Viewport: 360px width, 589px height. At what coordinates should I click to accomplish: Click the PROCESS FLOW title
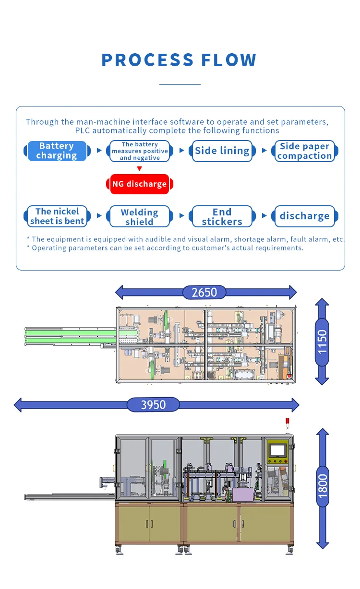tap(179, 60)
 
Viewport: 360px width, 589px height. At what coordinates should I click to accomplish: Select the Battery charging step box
tap(57, 151)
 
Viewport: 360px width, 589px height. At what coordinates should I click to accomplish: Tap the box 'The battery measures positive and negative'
tap(140, 151)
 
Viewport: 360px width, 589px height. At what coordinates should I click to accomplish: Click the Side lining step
tap(222, 151)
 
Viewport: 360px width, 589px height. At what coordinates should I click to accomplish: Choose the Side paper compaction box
tap(305, 151)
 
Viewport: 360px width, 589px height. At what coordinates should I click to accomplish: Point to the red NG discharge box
tap(139, 184)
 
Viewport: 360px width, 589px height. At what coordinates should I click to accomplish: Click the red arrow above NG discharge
tap(139, 169)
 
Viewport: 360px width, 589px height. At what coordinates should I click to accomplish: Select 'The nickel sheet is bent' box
tap(57, 216)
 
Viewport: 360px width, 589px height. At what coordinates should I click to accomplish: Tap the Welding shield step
tap(139, 217)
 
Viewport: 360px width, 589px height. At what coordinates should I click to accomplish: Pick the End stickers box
tap(222, 217)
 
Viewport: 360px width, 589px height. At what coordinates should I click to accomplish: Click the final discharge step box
tap(305, 216)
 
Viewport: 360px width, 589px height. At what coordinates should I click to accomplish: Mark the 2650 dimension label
tap(204, 292)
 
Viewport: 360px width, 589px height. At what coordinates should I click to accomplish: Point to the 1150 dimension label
tap(322, 342)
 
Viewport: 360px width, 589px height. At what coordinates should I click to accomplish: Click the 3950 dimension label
tap(153, 405)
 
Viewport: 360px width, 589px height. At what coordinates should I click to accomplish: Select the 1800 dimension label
tap(323, 485)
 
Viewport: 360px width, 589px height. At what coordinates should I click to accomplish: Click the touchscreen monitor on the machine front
tap(278, 451)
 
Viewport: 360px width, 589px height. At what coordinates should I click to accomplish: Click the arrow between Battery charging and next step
tap(99, 151)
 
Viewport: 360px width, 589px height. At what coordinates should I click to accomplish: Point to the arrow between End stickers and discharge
tap(264, 216)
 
